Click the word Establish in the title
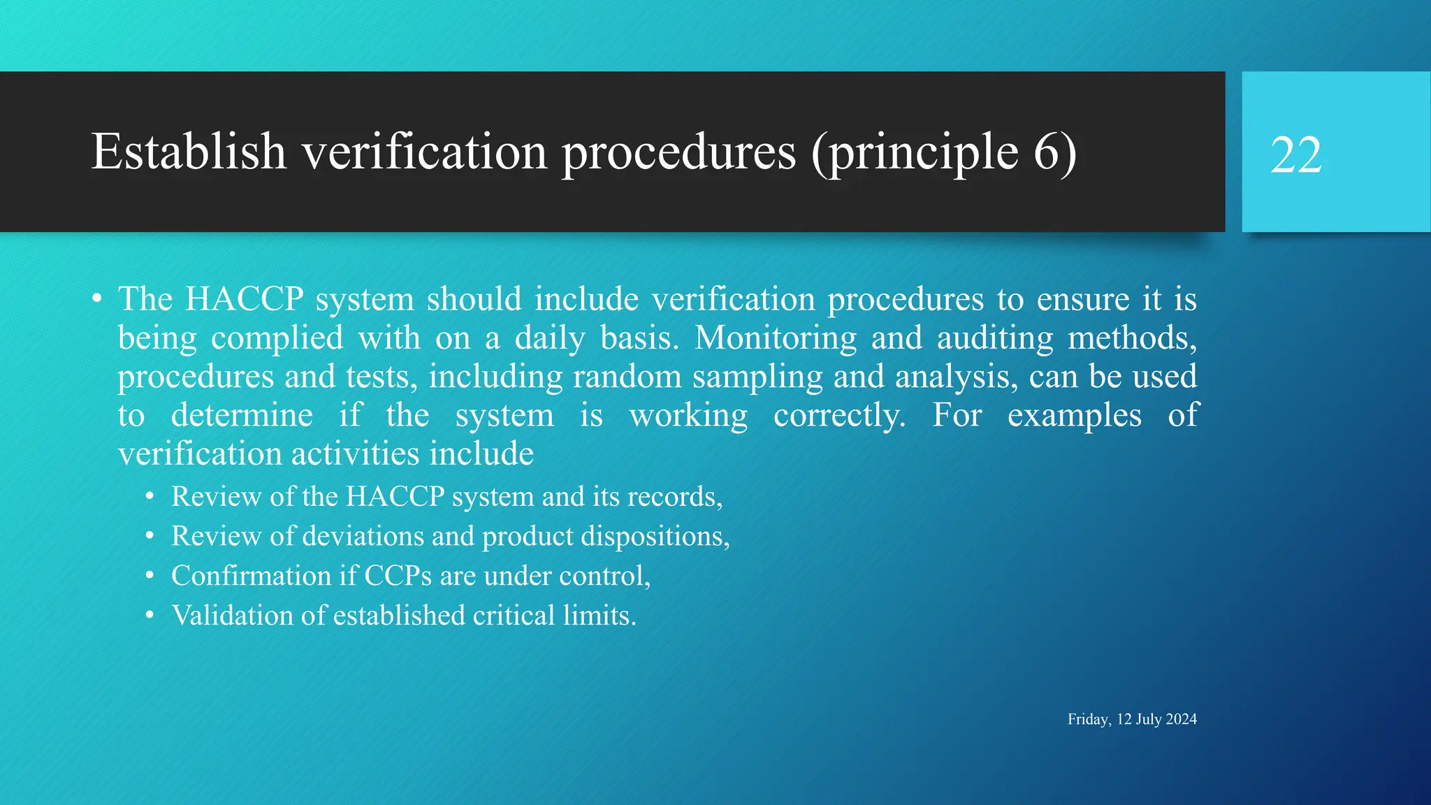point(189,152)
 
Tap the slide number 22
point(1296,155)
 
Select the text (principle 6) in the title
point(944,152)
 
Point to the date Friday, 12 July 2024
point(1132,719)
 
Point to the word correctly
point(839,416)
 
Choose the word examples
point(1075,416)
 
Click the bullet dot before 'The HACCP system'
point(97,300)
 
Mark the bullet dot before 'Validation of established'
point(150,616)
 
